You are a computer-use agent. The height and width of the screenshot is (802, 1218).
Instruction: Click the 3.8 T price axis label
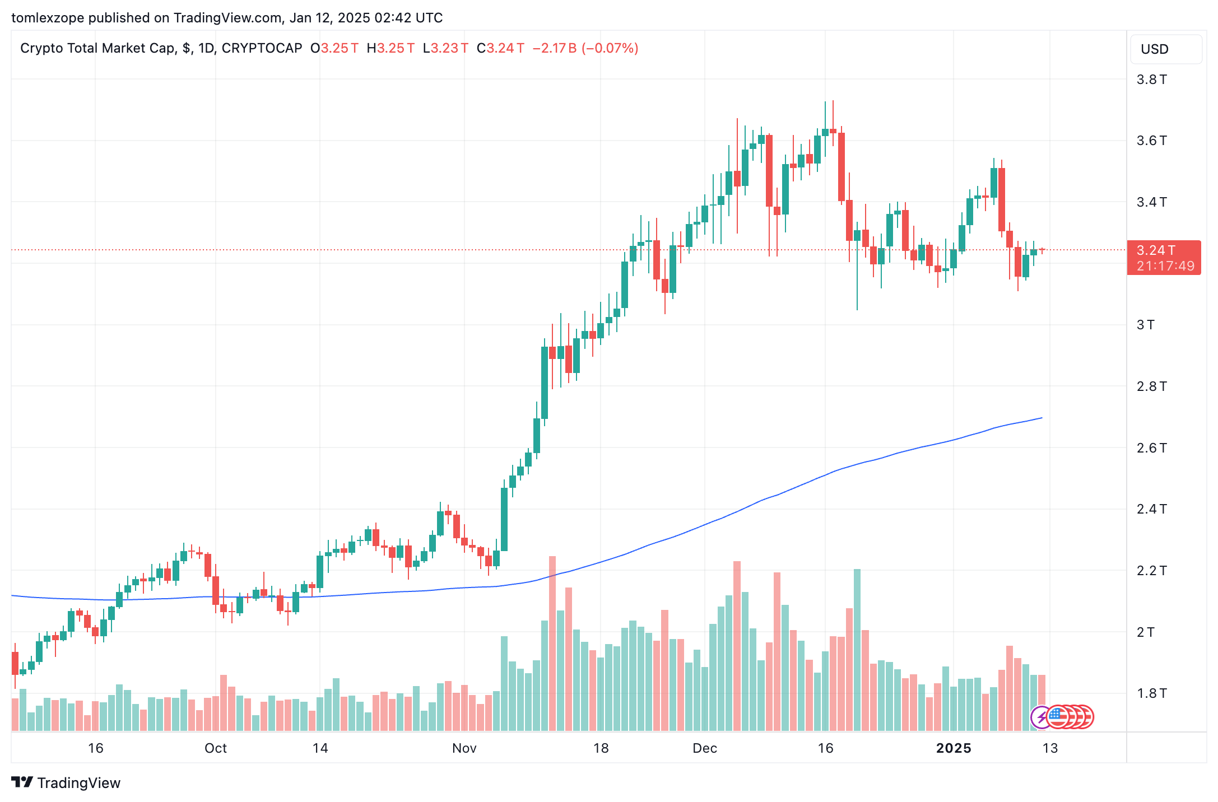(1151, 80)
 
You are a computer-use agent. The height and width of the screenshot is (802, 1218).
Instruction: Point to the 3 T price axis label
(1145, 325)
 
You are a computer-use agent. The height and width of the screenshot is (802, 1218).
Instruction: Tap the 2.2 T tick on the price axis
(1151, 571)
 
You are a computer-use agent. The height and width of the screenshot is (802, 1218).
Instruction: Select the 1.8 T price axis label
(1151, 693)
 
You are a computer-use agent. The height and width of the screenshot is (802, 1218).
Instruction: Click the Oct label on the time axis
(216, 748)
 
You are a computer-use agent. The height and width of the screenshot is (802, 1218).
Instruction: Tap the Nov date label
(464, 748)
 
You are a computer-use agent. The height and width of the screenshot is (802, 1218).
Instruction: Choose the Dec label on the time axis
(704, 748)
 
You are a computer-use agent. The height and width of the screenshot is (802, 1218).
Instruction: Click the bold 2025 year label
(954, 748)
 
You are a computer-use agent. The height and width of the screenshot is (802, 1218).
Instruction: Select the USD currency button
(1165, 49)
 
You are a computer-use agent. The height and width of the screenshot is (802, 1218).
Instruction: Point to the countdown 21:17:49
(1165, 266)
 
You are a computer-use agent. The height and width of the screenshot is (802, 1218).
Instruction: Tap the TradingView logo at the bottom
(66, 782)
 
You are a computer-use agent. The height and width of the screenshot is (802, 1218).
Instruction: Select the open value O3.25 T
(334, 48)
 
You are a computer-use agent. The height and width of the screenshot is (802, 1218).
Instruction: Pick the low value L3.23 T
(445, 48)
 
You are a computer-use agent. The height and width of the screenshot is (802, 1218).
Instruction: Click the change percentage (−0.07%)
(610, 48)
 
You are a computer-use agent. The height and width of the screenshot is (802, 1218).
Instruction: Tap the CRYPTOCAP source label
(262, 48)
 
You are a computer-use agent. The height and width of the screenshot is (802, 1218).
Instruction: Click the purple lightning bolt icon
(1041, 717)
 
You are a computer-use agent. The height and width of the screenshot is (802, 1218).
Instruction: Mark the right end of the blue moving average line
(1041, 418)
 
